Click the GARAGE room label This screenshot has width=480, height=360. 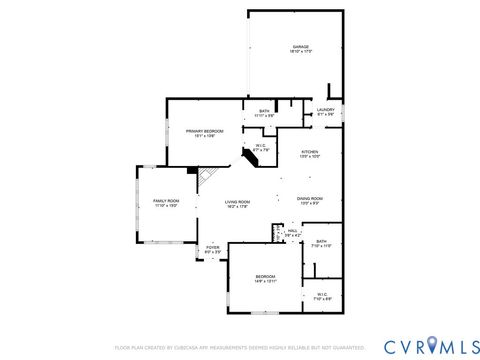coord(300,46)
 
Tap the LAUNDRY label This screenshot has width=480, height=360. coord(326,109)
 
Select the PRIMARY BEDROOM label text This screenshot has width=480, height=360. coord(204,131)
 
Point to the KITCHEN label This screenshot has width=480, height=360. coord(310,152)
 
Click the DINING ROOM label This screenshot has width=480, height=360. coord(309,198)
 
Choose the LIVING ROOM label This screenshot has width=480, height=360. coord(237,202)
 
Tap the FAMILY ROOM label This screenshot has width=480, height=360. coord(165,201)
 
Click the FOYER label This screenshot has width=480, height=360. coord(213,247)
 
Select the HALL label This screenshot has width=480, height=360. coord(293,231)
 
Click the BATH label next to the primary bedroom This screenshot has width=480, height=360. coord(264,111)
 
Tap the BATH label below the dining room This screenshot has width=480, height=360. coord(321,241)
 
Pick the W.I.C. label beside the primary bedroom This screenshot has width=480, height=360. coord(260,146)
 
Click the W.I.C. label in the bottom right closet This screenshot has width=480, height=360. coord(321,294)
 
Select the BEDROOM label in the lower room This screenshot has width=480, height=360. coord(265,276)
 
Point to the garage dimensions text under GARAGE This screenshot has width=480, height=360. coord(300,52)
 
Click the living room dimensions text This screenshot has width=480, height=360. coord(237,207)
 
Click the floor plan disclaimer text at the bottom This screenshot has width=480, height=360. coord(240,347)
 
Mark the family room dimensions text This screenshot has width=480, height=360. coord(165,206)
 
